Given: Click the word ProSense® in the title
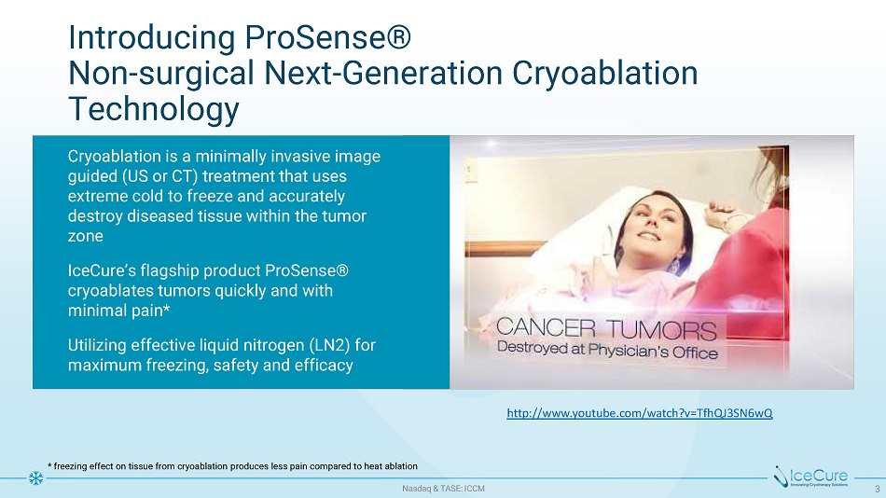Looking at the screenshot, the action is tap(327, 38).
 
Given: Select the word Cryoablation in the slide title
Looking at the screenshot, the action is tap(604, 74).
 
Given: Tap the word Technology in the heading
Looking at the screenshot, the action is tap(154, 110).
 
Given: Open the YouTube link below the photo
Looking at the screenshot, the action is tap(640, 413).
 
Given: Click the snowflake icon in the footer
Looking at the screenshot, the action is tap(35, 478).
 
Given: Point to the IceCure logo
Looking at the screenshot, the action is tap(810, 477).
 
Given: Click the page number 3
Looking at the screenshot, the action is tap(878, 489).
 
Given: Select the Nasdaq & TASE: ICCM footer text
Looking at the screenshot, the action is tap(444, 489).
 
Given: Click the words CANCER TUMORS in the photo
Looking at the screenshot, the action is tap(606, 328).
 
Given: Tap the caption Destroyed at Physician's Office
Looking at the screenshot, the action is tap(607, 351).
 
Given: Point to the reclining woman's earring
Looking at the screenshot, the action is tap(674, 265).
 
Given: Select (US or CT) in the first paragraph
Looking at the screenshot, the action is tap(159, 176).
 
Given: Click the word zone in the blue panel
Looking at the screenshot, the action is tap(85, 236).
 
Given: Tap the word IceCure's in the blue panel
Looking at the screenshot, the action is tap(103, 271).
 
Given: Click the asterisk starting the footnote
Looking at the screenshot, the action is tap(49, 465).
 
